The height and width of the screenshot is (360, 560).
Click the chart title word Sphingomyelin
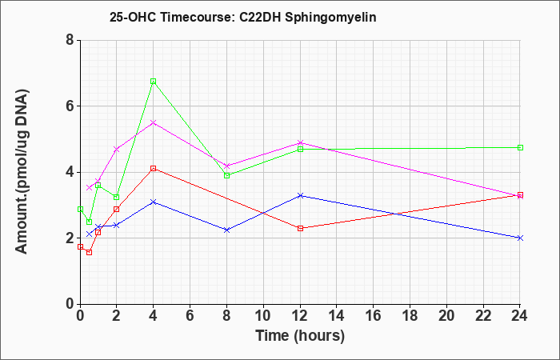[330, 18]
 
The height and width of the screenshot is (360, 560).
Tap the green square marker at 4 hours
[154, 82]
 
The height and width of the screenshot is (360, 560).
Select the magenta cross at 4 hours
[154, 123]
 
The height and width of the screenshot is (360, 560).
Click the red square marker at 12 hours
[300, 228]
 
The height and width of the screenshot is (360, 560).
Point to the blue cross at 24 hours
[520, 238]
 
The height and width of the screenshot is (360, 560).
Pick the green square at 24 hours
[520, 147]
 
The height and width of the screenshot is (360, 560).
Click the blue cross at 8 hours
[226, 230]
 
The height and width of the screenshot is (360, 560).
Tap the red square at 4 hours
[154, 168]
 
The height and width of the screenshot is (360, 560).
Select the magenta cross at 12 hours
[300, 143]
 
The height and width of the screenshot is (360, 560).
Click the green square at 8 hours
[226, 175]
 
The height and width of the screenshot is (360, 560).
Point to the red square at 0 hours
[80, 246]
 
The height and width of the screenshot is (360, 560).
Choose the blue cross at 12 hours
[300, 196]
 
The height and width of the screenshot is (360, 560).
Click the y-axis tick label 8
[70, 40]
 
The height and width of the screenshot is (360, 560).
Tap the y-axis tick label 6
[70, 106]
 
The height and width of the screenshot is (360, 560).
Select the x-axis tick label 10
[263, 316]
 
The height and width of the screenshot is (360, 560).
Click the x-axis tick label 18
[410, 316]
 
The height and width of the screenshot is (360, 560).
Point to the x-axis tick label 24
[520, 316]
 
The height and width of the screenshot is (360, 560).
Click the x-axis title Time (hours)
[300, 336]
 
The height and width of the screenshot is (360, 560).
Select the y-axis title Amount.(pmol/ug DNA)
[22, 172]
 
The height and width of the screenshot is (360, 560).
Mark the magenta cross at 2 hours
[117, 150]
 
